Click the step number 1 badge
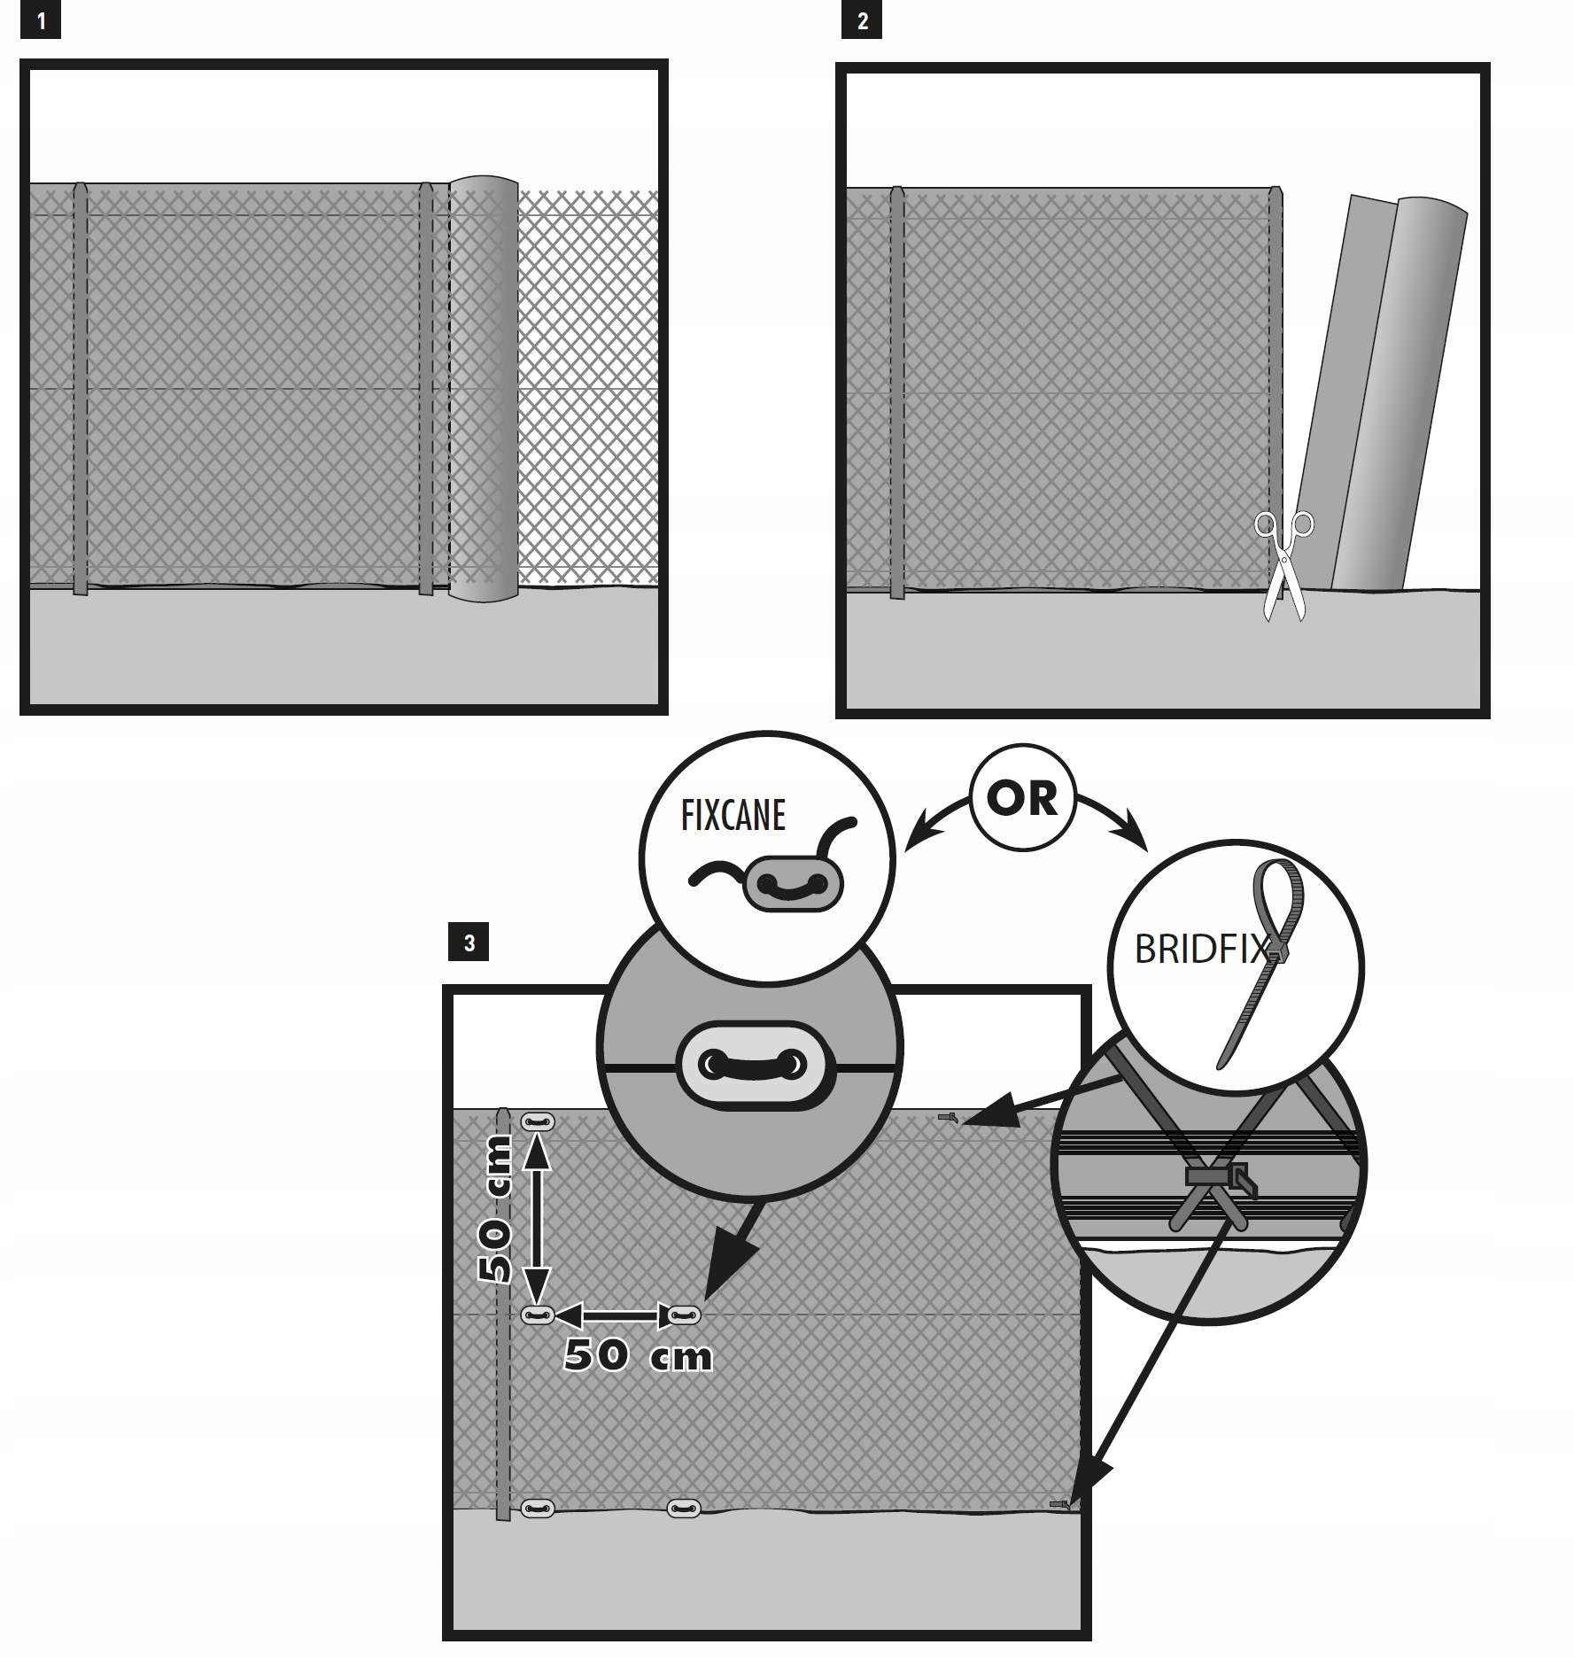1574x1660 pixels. tap(41, 21)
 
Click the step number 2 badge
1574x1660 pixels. tap(862, 21)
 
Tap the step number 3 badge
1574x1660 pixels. tap(469, 942)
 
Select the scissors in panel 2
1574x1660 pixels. tap(1283, 565)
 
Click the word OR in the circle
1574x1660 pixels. tap(1021, 798)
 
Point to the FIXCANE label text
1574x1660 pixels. tap(733, 815)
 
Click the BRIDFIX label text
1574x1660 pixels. tap(1204, 950)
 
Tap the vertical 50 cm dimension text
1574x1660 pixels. tap(494, 1209)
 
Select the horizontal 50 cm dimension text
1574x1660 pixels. tap(638, 1354)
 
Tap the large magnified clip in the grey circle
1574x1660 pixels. tap(754, 1066)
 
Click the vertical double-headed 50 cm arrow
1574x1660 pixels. tap(535, 1219)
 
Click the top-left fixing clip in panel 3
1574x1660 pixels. tap(538, 1122)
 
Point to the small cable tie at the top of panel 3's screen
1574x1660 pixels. tap(948, 1118)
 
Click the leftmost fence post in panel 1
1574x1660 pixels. tap(81, 389)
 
